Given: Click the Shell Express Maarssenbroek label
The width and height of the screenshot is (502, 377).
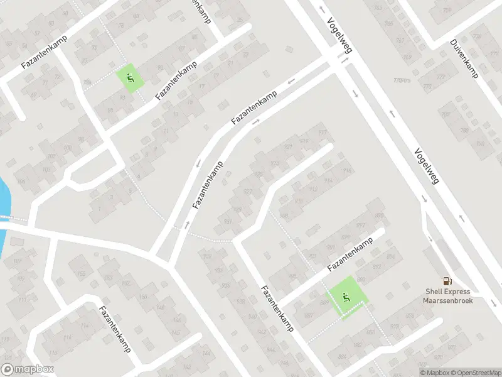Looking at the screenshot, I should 447,295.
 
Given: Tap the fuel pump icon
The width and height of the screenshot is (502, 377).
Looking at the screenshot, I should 447,281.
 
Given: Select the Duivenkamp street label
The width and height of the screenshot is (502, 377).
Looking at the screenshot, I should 464,59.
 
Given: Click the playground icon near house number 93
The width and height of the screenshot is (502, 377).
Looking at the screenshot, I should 129,79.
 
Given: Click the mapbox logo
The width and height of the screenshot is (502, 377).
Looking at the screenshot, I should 27,369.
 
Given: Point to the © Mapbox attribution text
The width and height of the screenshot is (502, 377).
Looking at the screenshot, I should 432,373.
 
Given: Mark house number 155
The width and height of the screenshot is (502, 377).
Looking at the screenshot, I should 81,275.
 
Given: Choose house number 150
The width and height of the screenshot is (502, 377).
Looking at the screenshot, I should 142,297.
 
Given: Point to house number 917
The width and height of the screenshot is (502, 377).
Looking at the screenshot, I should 323,132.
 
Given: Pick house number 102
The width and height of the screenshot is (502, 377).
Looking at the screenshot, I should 51,156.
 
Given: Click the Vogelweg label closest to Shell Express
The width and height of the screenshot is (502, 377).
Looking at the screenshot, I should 426,166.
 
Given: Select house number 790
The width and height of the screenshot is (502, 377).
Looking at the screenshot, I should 480,144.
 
